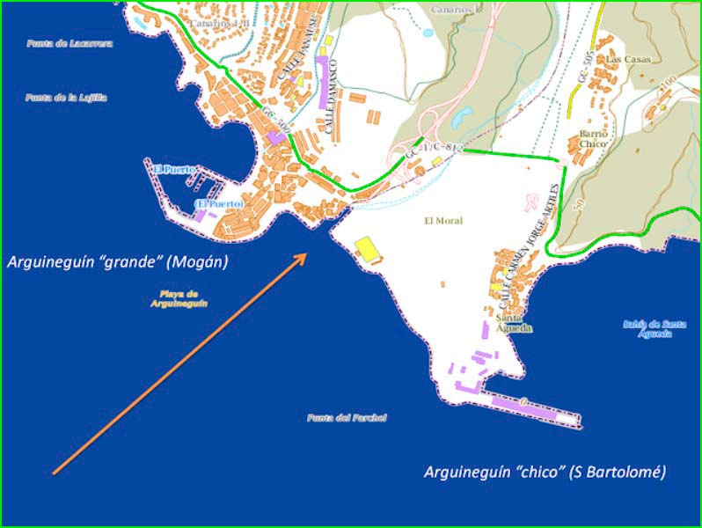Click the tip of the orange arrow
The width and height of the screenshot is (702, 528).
click(x=306, y=254)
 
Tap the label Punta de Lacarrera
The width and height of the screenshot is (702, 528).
click(x=57, y=43)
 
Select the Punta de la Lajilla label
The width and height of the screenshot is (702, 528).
click(x=66, y=98)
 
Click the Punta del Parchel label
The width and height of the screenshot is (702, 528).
click(x=347, y=417)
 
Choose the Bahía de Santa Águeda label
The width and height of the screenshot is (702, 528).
click(x=654, y=329)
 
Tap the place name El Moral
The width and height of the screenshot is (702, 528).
click(x=442, y=221)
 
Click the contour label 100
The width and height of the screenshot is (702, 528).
click(x=669, y=84)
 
